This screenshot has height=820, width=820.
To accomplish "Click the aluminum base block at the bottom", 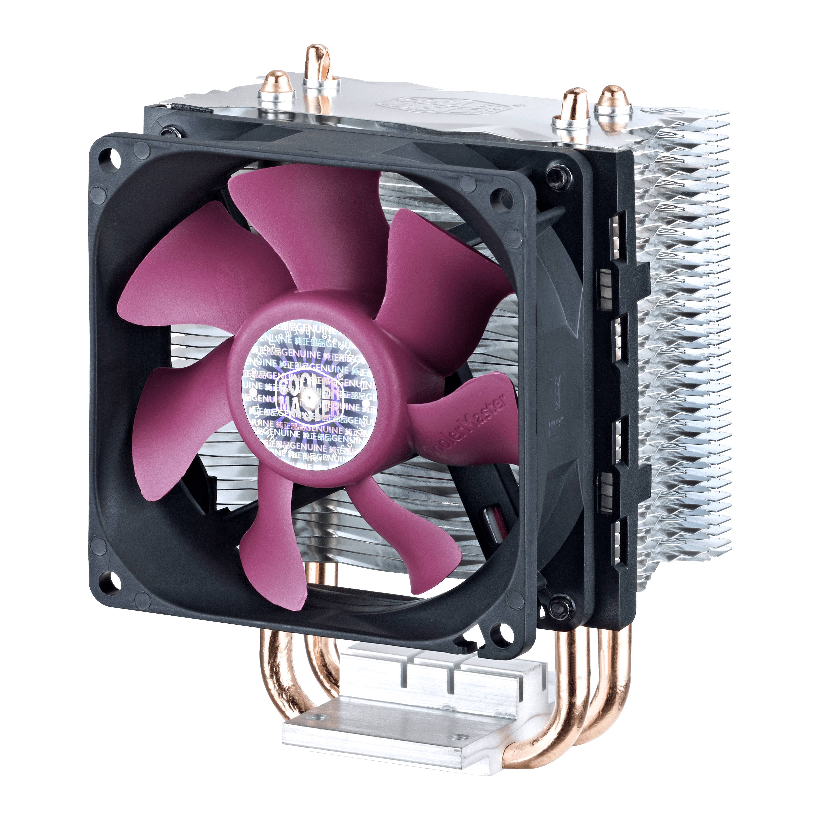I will pos(395,722).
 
